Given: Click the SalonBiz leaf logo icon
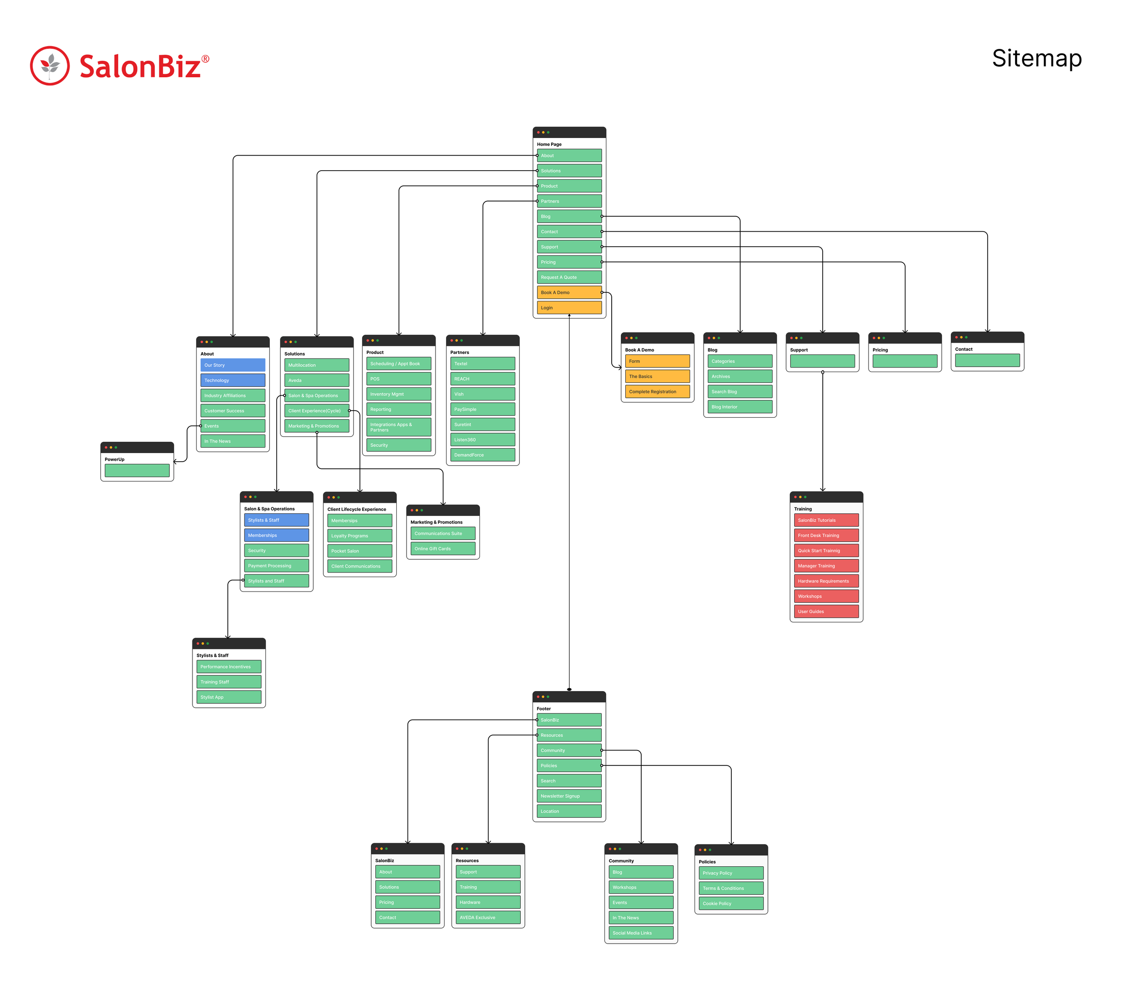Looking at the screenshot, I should click(50, 65).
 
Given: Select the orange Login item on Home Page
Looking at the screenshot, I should click(569, 308).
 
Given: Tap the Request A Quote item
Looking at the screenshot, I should click(569, 277).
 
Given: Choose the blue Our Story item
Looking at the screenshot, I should click(233, 365).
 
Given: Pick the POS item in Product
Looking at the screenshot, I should click(398, 379).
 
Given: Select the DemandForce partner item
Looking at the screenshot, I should click(482, 455).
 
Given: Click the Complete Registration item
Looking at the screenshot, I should click(657, 392).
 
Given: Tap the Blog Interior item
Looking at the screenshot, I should click(739, 407).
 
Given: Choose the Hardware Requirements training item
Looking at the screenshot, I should click(826, 581).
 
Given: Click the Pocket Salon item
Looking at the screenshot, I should click(360, 551).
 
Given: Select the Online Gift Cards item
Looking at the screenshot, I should click(442, 549).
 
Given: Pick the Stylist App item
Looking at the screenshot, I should click(228, 697).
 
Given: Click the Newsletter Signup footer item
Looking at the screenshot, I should click(569, 797).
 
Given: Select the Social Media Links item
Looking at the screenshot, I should click(640, 933).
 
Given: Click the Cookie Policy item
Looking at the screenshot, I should click(730, 904).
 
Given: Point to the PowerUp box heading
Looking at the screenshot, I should click(115, 459).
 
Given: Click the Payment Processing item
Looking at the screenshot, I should click(276, 566).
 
